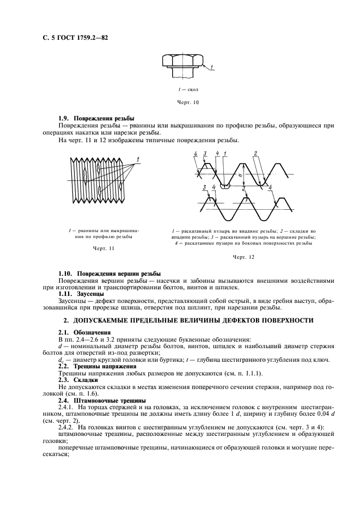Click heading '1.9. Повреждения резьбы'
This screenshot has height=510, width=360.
tap(96, 118)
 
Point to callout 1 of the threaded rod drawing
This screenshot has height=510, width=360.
tap(138, 159)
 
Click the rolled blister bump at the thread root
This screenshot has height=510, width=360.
tap(225, 185)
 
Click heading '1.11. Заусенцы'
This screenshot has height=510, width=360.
tap(81, 294)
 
